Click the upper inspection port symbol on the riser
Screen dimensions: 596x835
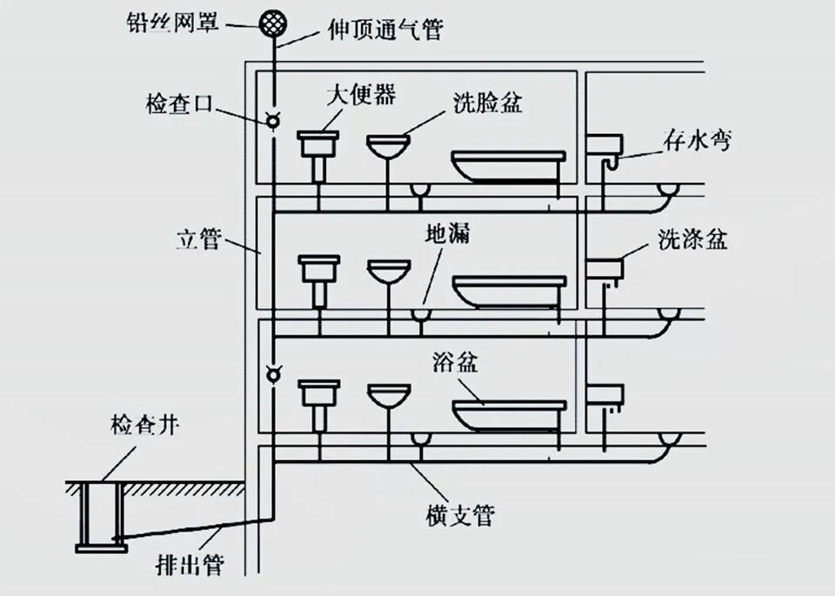coord(273,122)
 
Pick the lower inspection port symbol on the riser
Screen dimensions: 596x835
coord(273,374)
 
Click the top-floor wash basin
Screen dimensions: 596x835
coord(388,145)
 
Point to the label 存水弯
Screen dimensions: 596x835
coord(695,139)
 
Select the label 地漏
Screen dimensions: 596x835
coord(446,235)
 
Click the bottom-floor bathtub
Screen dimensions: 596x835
coord(509,415)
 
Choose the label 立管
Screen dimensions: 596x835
coord(198,240)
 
